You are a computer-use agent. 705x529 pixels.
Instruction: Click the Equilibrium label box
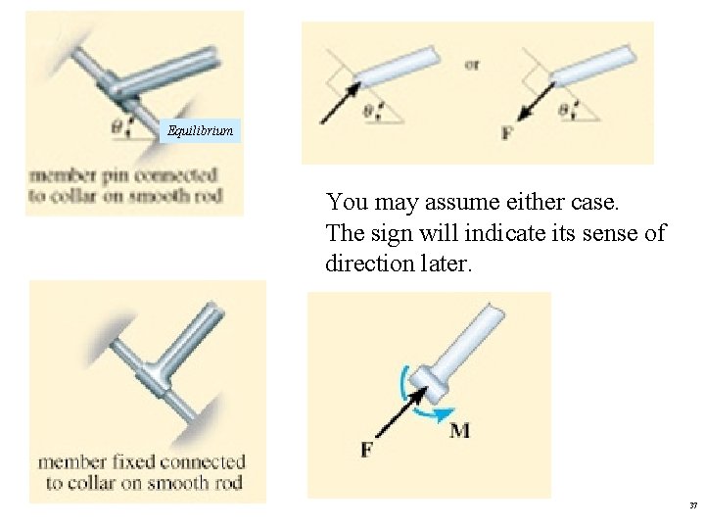point(201,130)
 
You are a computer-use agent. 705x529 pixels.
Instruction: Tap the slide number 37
point(693,505)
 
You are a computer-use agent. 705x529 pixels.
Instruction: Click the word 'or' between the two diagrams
point(473,65)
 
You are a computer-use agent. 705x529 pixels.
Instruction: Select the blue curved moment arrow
point(415,398)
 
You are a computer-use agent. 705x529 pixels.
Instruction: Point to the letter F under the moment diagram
point(366,450)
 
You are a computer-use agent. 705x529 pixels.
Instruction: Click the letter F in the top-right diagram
point(506,131)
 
